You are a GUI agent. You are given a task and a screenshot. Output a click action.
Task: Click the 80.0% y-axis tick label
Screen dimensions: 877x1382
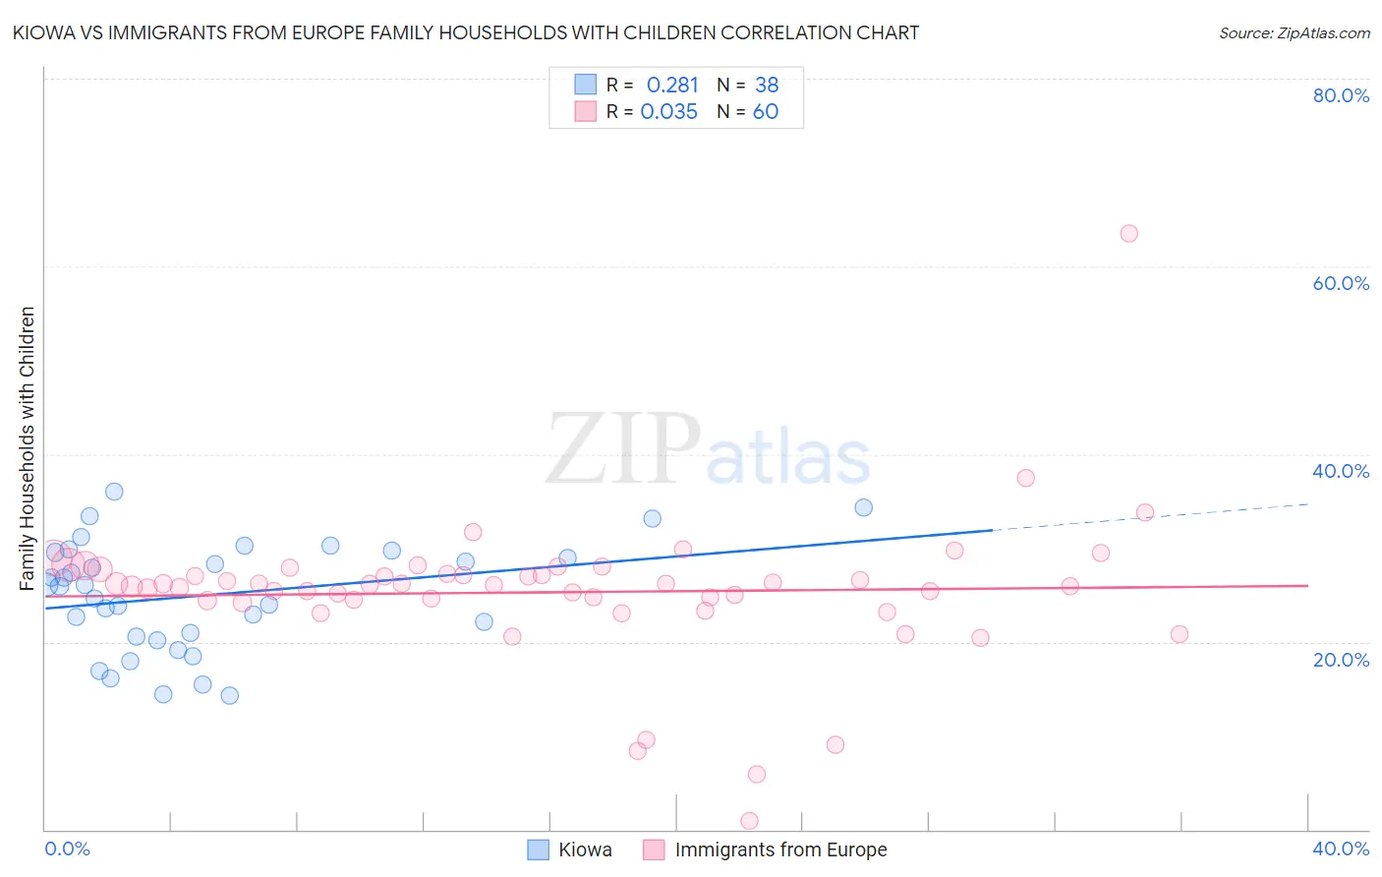coord(1341,95)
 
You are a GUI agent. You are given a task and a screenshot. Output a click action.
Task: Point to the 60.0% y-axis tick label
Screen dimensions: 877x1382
coord(1341,283)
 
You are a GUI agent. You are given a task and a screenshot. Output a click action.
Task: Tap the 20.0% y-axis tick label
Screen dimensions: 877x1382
coord(1341,660)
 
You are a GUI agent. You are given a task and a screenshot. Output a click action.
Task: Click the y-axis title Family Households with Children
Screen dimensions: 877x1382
coord(28,448)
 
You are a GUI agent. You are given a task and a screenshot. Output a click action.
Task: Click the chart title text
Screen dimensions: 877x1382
coord(466,32)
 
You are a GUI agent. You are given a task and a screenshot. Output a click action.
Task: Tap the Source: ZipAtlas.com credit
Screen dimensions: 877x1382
coord(1294,33)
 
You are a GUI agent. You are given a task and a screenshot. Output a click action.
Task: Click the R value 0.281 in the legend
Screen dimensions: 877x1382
coord(672,86)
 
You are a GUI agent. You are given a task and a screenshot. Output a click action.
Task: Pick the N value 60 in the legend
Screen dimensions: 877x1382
coord(766,112)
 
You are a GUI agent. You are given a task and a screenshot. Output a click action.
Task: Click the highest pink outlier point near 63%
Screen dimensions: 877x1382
coord(1128,234)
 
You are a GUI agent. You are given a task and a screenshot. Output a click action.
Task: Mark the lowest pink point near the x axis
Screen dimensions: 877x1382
coord(749,821)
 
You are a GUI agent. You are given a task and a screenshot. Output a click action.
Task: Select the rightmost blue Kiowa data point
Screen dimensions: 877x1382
coord(863,507)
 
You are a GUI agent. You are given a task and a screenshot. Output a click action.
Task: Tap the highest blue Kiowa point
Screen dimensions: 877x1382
coord(114,492)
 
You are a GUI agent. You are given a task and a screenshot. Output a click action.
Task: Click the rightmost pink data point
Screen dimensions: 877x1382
coord(1180,634)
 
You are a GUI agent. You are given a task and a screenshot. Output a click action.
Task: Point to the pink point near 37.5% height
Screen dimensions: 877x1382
coord(1025,478)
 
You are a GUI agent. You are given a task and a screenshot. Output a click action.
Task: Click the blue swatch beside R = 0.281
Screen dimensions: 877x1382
coord(586,85)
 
